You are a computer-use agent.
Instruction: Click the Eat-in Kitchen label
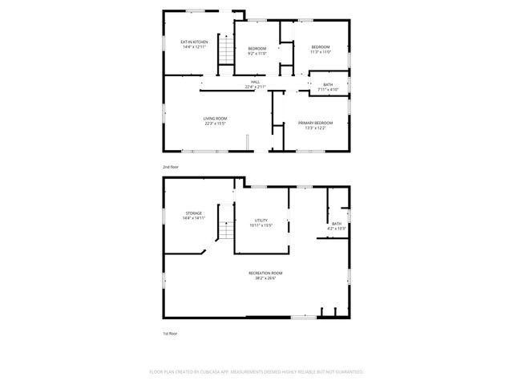click(194, 42)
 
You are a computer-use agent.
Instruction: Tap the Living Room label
click(215, 118)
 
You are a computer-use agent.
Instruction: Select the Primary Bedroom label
click(315, 123)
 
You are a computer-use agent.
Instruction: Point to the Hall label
click(255, 82)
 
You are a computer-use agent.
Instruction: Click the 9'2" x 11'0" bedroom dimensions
click(256, 53)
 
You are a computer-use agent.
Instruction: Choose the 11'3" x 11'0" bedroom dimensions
click(321, 53)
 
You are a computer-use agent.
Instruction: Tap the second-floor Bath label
click(328, 84)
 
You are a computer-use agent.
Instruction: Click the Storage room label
click(194, 213)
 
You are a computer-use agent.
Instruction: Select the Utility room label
click(261, 220)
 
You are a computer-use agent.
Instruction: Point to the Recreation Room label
click(265, 273)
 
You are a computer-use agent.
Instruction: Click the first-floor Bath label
click(337, 224)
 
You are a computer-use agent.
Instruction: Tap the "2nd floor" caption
click(170, 166)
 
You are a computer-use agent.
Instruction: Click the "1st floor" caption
click(169, 333)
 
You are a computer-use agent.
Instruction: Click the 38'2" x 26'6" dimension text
click(265, 278)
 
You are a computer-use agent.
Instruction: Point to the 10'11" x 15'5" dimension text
click(261, 225)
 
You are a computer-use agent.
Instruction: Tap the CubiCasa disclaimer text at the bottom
click(256, 372)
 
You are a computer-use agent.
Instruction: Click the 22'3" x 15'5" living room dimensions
click(215, 124)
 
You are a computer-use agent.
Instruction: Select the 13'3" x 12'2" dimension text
click(315, 128)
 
